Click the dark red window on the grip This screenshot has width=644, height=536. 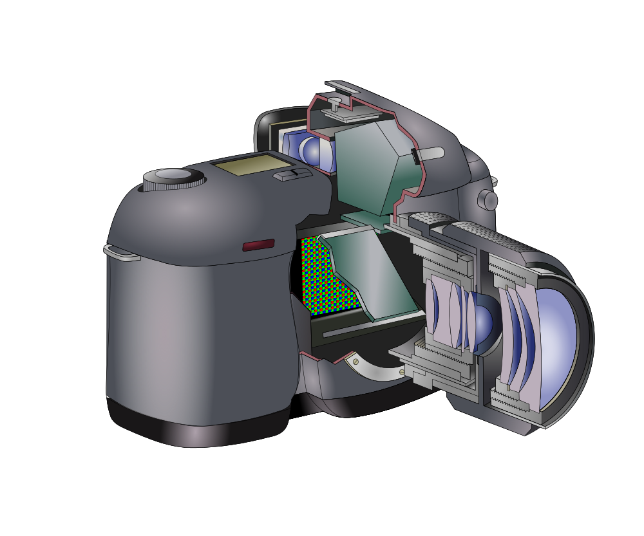(258, 245)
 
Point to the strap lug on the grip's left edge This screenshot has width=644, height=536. (122, 253)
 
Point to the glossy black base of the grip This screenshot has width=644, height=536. (193, 428)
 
